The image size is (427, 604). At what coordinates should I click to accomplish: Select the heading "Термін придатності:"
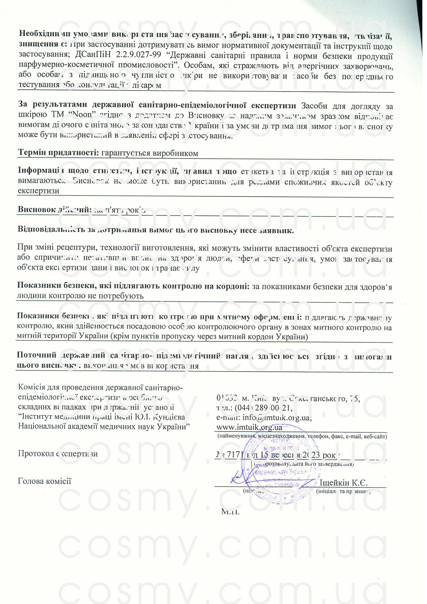tap(59, 153)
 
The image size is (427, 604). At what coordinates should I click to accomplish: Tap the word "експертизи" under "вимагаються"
tap(38, 191)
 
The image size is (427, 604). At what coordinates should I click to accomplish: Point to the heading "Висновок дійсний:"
tap(54, 210)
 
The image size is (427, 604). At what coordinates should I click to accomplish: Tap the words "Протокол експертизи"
tap(58, 454)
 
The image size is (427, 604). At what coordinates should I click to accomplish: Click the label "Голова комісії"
tap(44, 481)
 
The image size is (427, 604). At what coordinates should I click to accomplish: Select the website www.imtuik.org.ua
tap(249, 427)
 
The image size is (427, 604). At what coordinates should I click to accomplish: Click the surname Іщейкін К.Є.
tap(343, 483)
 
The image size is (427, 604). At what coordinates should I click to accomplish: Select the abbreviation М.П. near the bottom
tap(230, 512)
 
